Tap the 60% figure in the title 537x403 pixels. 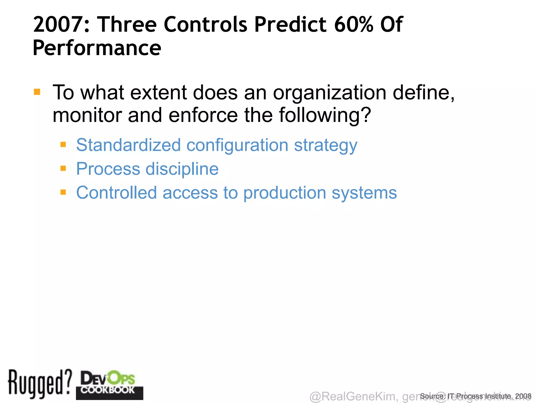[x=353, y=24]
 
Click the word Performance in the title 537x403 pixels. [x=97, y=48]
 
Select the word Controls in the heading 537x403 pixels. [x=205, y=24]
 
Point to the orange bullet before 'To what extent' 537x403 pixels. [x=37, y=92]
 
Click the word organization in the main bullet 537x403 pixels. [x=330, y=93]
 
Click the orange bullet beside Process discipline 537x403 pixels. [x=63, y=168]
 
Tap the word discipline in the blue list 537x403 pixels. [x=182, y=169]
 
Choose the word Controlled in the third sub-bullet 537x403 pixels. [x=116, y=193]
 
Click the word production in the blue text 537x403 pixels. [x=284, y=193]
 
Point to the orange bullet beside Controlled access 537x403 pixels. [x=63, y=192]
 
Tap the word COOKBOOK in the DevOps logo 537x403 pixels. [x=108, y=390]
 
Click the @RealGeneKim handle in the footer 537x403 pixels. [x=352, y=396]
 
